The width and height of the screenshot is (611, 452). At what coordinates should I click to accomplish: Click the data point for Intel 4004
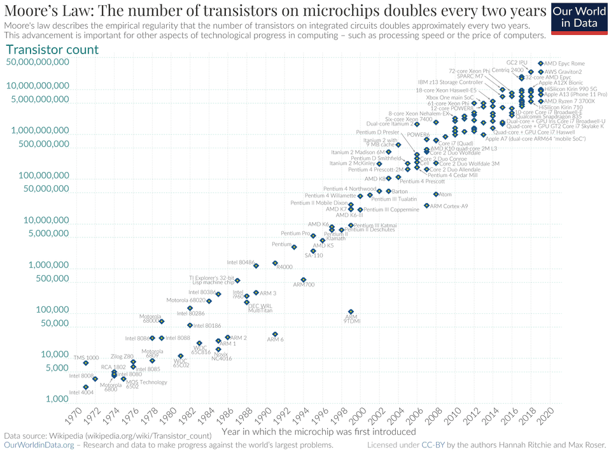[86, 387]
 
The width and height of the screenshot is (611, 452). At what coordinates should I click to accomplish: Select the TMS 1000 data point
[86, 363]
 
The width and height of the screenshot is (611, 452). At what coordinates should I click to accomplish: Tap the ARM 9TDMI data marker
[351, 312]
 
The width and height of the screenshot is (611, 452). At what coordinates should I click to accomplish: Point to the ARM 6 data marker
[275, 334]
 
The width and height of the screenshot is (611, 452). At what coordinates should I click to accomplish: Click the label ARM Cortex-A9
[449, 206]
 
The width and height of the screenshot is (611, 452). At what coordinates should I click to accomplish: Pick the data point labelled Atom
[436, 194]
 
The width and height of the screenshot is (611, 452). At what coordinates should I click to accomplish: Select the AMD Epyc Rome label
[564, 64]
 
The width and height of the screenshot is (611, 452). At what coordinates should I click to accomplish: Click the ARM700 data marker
[304, 280]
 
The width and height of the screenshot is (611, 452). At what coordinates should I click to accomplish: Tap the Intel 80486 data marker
[256, 265]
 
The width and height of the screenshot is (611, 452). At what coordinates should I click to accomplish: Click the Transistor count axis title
[52, 50]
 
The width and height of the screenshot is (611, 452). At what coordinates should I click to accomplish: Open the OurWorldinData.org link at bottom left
[39, 446]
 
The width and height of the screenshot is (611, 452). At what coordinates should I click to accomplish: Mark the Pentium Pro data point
[313, 236]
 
